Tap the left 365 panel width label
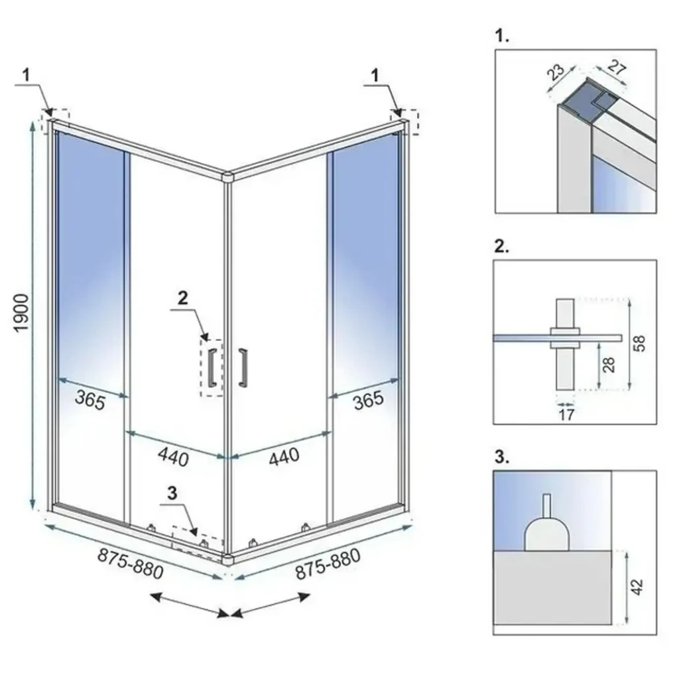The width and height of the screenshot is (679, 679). pos(90,400)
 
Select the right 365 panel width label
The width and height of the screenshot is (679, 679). pos(369,400)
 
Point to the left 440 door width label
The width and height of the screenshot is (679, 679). pos(173,457)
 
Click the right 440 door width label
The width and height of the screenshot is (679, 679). pos(284,457)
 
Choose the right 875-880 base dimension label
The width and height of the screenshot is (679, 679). pos(328,564)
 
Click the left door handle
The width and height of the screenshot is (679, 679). pos(212,367)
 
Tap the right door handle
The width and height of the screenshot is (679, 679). pos(243,367)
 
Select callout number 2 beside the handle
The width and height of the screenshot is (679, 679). pos(183,298)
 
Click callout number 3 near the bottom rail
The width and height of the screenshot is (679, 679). pos(172,493)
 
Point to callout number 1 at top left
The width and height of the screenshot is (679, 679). pos(27,75)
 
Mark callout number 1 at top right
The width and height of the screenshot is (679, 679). pos(375,75)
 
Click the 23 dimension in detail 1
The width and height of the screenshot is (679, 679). pos(556,72)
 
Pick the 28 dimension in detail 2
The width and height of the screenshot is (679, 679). pos(609,365)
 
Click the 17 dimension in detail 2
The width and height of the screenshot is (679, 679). pos(566,414)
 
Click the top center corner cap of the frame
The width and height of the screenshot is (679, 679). pos(227,176)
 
